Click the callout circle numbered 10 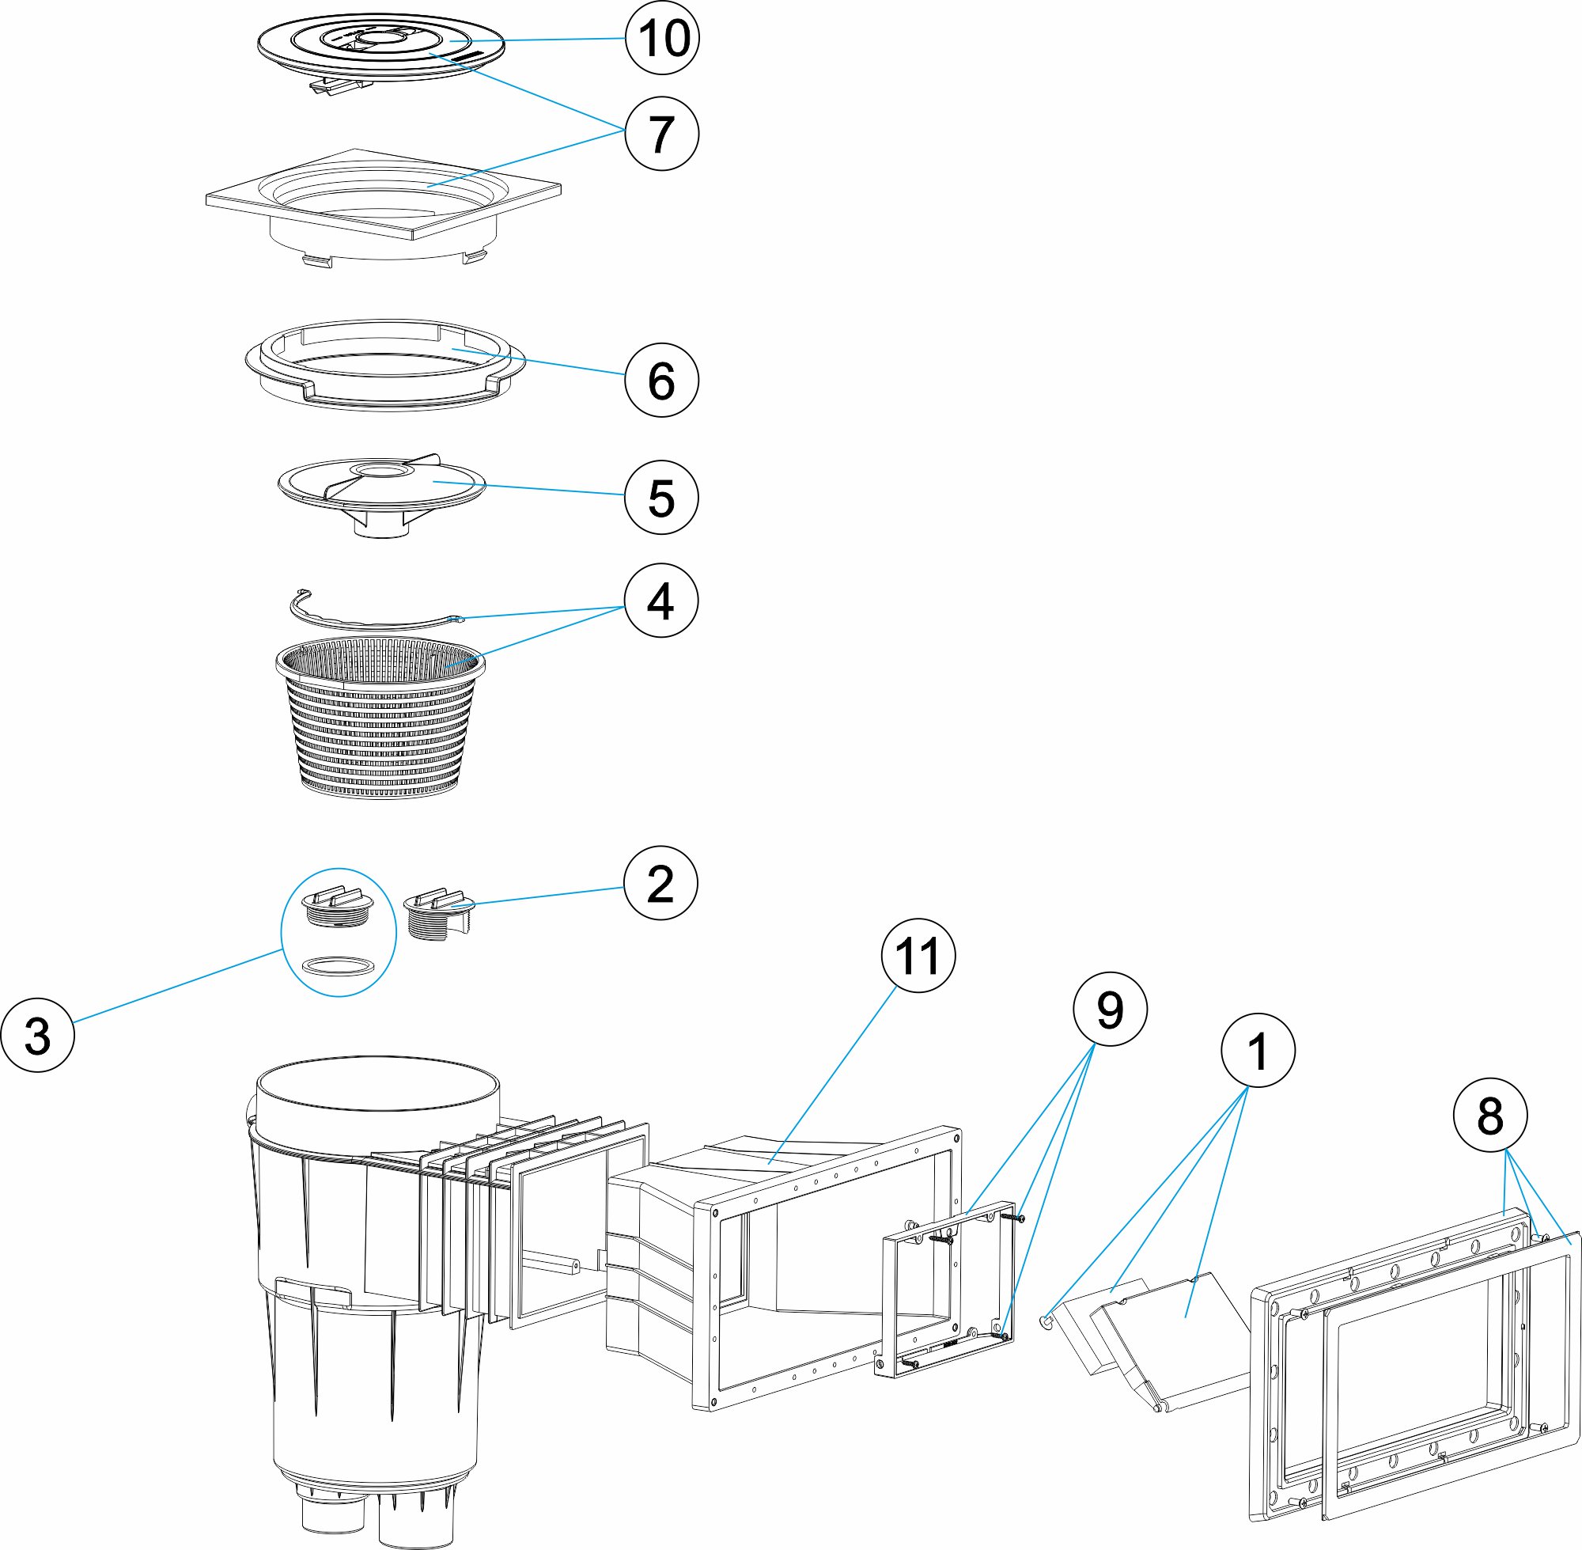pos(661,38)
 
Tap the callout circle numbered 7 pos(661,134)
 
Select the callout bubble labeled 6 pos(660,380)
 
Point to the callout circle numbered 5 pos(660,498)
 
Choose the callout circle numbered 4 pos(660,601)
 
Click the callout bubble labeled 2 pos(660,883)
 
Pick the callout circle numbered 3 pos(37,1036)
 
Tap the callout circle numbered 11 pos(918,956)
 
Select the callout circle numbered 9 pos(1110,1010)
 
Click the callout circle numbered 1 pos(1258,1051)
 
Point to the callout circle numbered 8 pos(1490,1116)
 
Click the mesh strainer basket pos(380,725)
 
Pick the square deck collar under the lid pos(383,203)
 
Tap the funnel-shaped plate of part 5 pos(380,488)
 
